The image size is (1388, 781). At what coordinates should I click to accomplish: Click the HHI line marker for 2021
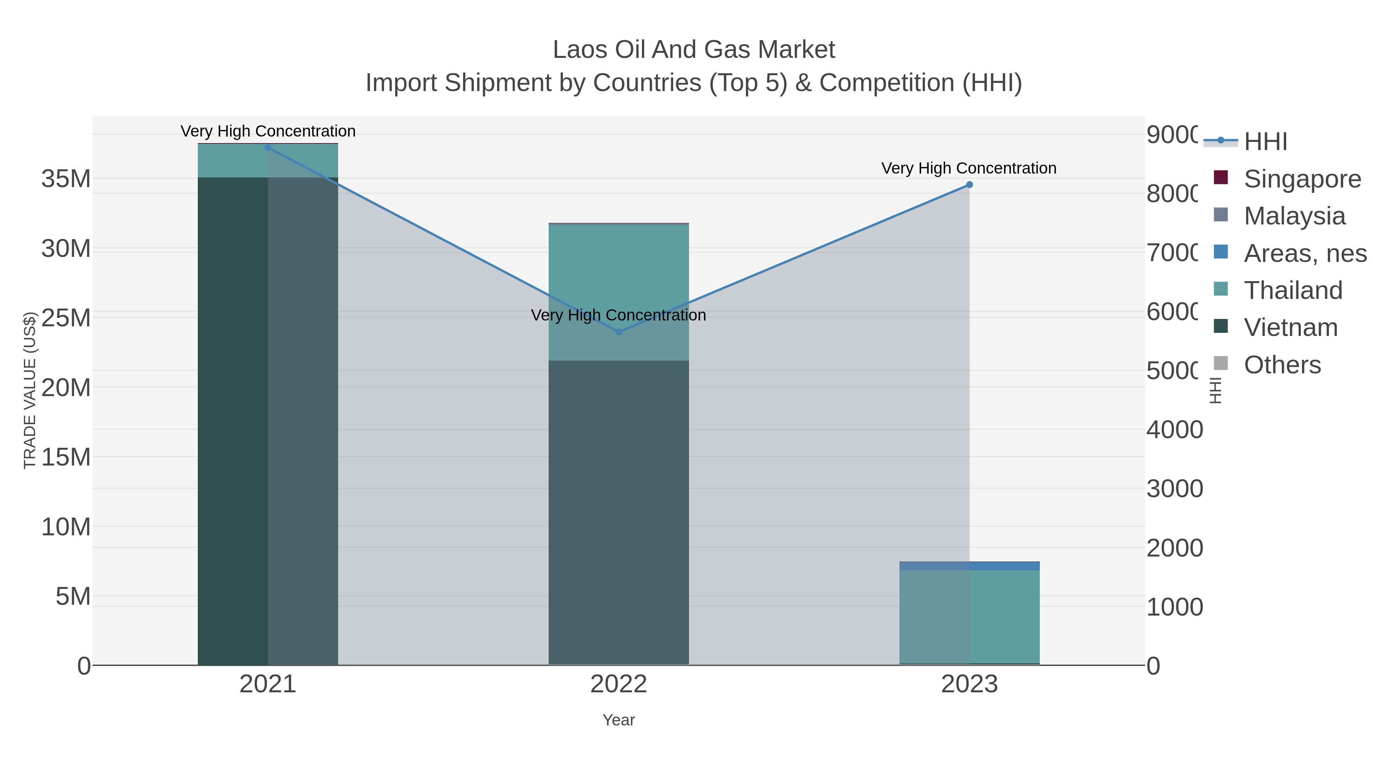[x=268, y=148]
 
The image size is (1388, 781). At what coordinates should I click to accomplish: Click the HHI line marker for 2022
[x=618, y=332]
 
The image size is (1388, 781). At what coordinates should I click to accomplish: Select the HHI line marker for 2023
[x=969, y=185]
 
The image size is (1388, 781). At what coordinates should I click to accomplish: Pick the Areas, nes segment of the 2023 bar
[x=969, y=566]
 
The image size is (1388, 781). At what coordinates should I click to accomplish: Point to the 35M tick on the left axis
[x=66, y=179]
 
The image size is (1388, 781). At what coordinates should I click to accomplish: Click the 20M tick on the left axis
[x=66, y=388]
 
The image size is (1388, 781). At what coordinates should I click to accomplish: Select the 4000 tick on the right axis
[x=1175, y=430]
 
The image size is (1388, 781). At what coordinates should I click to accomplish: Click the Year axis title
[x=618, y=720]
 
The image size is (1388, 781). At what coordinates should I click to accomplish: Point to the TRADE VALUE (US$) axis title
[x=30, y=390]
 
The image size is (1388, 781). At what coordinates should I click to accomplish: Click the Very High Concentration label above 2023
[x=969, y=168]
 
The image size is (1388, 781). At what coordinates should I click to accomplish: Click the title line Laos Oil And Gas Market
[x=694, y=50]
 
